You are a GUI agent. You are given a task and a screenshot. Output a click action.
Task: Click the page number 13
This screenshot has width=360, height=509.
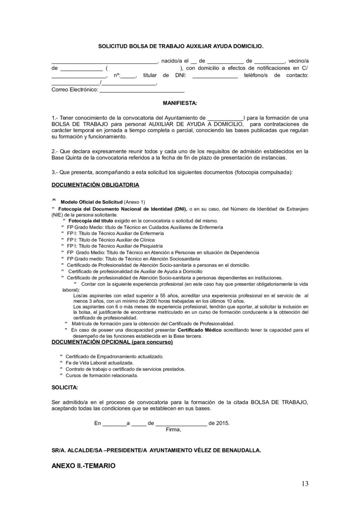[305, 484]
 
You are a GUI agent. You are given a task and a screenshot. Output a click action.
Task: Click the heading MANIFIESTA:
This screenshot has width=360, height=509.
[180, 103]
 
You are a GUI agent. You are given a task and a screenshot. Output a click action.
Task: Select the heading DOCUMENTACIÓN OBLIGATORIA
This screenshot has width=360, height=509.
[95, 184]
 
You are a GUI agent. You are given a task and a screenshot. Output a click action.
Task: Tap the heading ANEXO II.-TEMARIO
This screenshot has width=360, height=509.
[84, 466]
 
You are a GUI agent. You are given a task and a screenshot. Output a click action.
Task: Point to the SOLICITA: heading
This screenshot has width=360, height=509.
[65, 387]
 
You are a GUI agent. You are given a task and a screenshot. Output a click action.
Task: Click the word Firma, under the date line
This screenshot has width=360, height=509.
[173, 429]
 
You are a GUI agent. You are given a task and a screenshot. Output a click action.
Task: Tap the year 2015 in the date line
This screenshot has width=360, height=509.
[223, 423]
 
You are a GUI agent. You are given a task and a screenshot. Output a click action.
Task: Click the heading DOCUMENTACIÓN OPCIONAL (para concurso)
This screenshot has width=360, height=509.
[112, 342]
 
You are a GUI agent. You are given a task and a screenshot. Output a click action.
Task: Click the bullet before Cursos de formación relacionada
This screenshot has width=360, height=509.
[62, 375]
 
